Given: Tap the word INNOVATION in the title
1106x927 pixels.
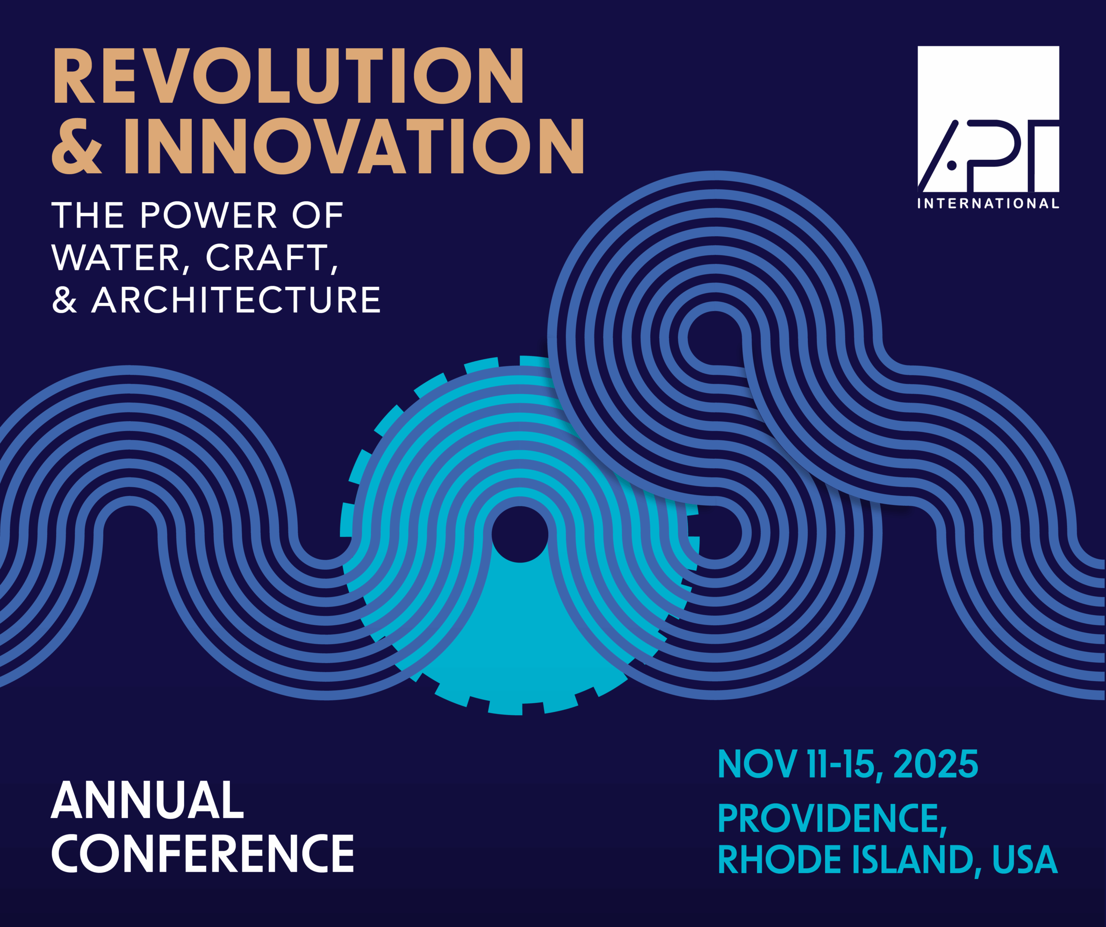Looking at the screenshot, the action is click(x=354, y=146).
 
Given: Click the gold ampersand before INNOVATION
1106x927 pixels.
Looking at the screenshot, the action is click(x=77, y=146).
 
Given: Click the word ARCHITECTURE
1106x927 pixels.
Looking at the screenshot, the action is click(x=236, y=300).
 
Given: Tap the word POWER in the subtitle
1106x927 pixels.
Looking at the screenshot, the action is click(x=209, y=216).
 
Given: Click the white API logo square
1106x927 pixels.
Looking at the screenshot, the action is click(x=988, y=119).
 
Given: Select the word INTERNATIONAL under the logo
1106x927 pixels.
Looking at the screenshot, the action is click(x=988, y=204).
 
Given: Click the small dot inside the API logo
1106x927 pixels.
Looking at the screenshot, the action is click(x=952, y=165).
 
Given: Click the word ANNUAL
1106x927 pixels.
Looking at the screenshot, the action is click(x=147, y=800).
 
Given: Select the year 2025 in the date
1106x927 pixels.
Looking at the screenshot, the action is click(x=936, y=764).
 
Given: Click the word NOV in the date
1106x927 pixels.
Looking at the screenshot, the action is click(x=757, y=764).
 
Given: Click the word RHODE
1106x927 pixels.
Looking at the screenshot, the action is click(x=779, y=860).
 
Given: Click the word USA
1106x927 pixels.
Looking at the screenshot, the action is click(x=1025, y=860).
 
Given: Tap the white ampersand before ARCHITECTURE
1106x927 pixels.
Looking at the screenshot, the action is click(x=65, y=300).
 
